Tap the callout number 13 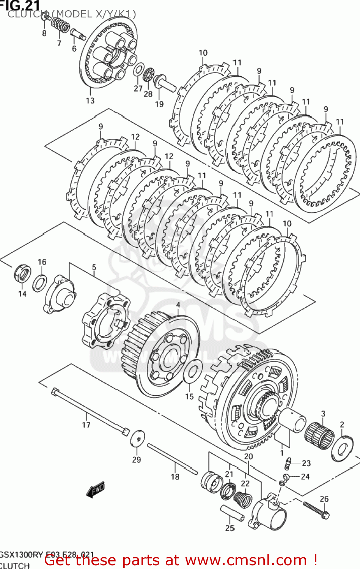click(x=90, y=101)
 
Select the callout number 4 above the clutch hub click(x=178, y=305)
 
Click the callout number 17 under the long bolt click(x=86, y=425)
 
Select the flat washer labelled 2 click(x=342, y=449)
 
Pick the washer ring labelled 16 click(x=39, y=283)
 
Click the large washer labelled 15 click(x=192, y=371)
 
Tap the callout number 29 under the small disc click(x=137, y=459)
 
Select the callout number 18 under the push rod click(x=175, y=477)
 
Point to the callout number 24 click(x=305, y=476)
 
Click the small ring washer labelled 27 click(x=138, y=70)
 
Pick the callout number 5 click(x=94, y=267)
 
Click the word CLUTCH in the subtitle click(x=25, y=14)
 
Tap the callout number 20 click(x=248, y=456)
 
